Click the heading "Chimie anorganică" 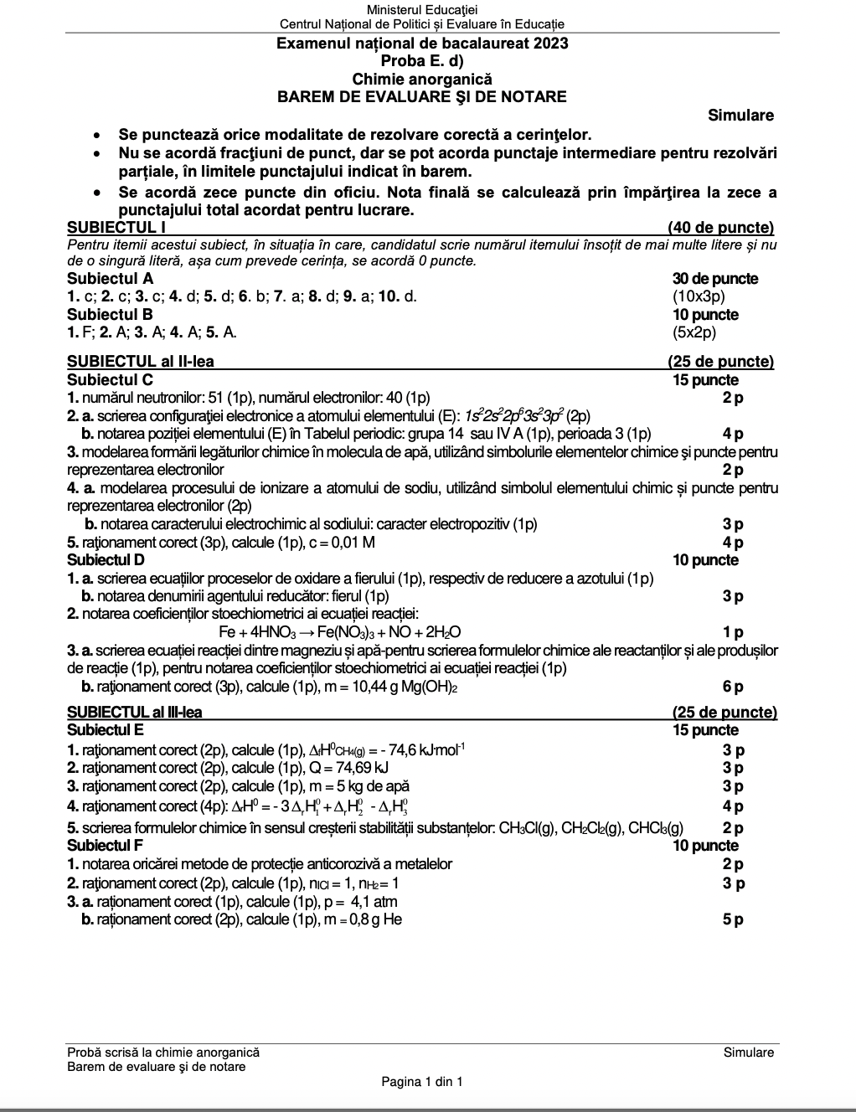tap(422, 80)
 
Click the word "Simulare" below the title tap(740, 116)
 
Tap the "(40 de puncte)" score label tap(720, 228)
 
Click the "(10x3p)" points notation tap(699, 296)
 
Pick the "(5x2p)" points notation tap(694, 332)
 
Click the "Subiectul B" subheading tap(110, 315)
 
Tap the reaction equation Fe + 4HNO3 tap(339, 632)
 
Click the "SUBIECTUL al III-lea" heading tap(134, 713)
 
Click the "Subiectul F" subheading tap(105, 846)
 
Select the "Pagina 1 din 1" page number tap(421, 1082)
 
